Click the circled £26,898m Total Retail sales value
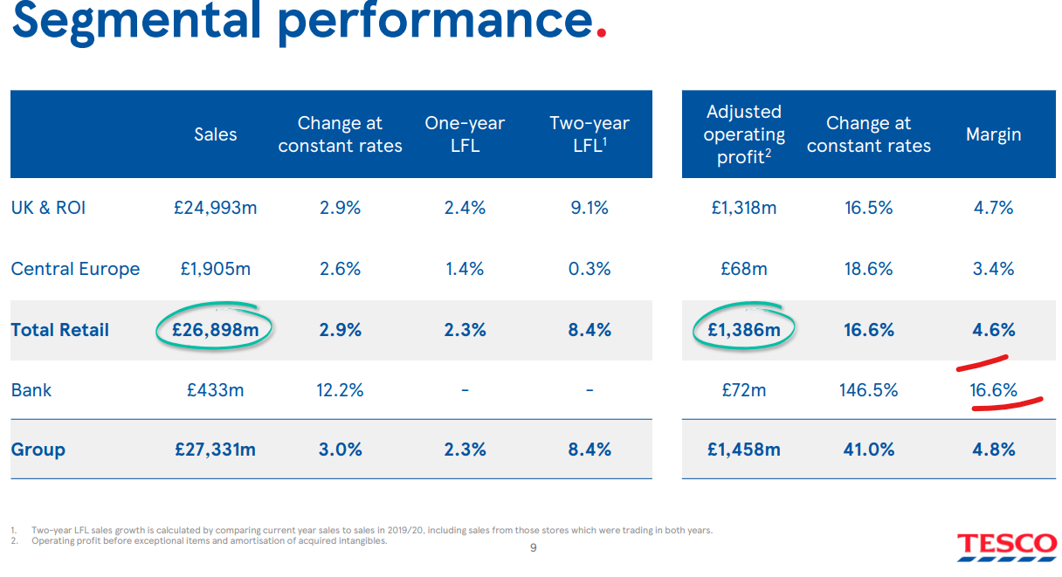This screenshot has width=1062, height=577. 215,330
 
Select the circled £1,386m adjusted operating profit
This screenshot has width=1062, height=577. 744,330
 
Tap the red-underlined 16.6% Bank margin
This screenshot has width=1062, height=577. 993,390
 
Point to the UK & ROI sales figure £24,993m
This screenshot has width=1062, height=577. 215,208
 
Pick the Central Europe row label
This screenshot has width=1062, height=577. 75,269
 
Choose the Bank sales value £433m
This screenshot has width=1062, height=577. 215,390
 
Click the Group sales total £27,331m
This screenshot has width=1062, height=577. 215,450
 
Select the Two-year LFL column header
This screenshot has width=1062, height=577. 590,134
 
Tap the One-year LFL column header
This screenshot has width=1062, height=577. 465,134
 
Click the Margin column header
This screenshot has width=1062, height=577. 993,134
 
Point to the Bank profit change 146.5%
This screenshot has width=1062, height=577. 868,390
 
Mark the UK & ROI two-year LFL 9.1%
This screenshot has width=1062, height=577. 590,208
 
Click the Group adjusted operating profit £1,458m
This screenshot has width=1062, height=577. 744,450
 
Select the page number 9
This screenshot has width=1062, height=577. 534,548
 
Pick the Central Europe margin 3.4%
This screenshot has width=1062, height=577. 993,269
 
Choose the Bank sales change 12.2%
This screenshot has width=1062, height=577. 340,390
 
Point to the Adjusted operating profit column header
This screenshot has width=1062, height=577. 744,134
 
